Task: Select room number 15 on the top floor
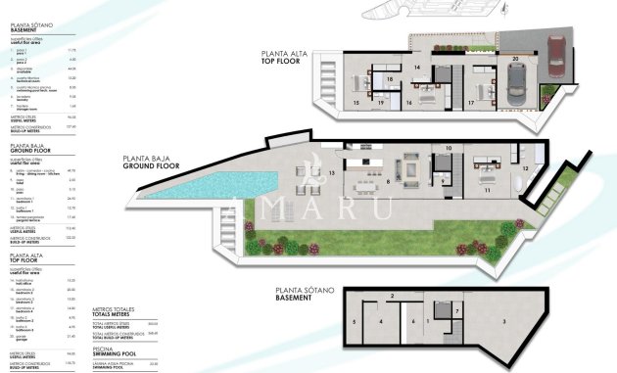pos(356,102)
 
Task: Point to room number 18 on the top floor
pos(389,80)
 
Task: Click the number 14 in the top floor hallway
pos(417,67)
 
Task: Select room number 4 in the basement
pos(382,321)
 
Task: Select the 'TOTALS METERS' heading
pos(113,312)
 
